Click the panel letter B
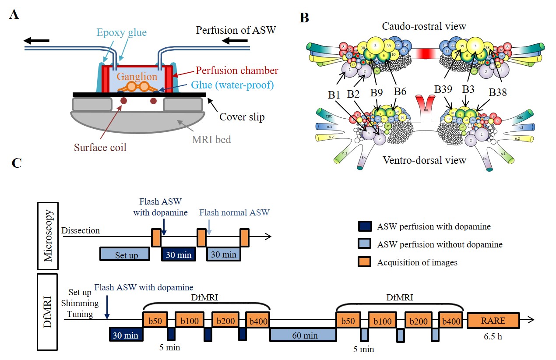click(x=304, y=18)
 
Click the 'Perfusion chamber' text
click(x=237, y=70)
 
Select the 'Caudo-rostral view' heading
click(x=424, y=26)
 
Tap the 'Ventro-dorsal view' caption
click(x=423, y=160)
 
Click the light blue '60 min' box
click(x=303, y=335)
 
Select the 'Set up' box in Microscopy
click(x=124, y=254)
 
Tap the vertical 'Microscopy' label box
click(x=49, y=242)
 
